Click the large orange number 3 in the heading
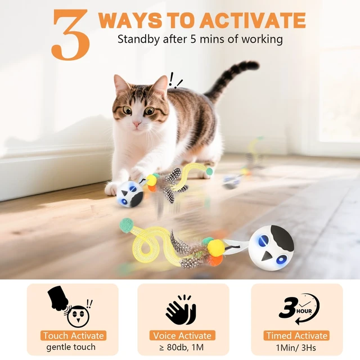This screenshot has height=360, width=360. (70, 34)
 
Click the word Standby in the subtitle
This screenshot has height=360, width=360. (139, 39)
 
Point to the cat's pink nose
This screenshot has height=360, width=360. (137, 124)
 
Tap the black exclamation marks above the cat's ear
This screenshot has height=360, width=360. (175, 80)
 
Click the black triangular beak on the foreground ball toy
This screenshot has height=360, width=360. (267, 255)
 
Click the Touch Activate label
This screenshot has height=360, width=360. (73, 335)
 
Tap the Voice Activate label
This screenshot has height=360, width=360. (182, 335)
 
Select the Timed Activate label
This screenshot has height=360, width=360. (296, 335)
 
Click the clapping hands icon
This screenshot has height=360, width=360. (181, 309)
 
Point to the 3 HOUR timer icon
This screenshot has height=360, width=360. (299, 309)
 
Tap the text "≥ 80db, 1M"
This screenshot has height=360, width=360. (182, 347)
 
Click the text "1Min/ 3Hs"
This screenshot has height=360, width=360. (296, 348)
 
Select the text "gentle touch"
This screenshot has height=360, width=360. (71, 347)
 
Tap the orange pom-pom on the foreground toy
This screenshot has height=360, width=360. (215, 260)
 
